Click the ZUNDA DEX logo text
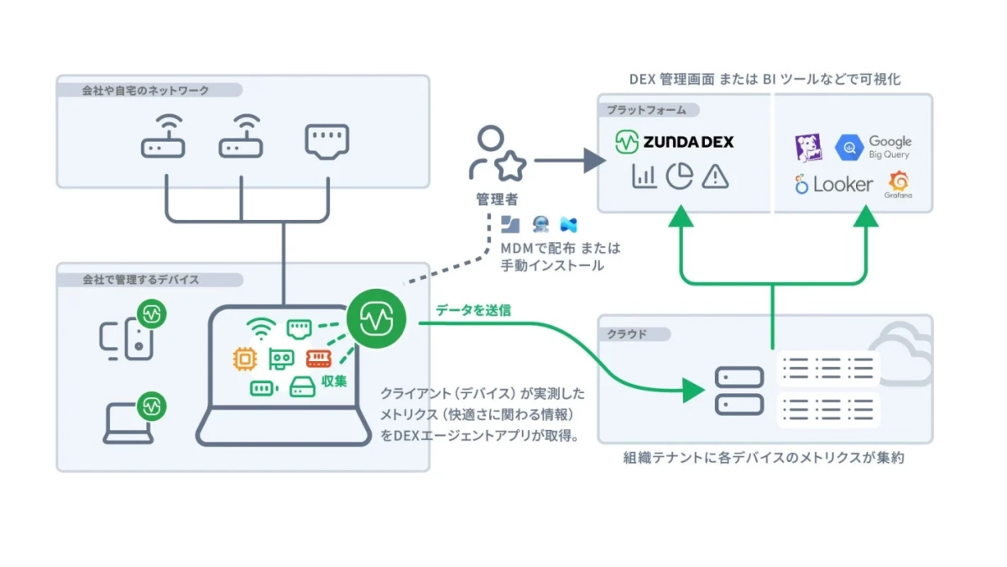coord(687,141)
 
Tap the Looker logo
coord(834,184)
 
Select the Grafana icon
coord(898,184)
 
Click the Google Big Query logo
coord(874,148)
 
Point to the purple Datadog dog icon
coord(809,149)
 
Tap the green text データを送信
coord(473,309)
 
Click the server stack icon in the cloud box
coord(738,391)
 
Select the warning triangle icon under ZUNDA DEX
coord(715,176)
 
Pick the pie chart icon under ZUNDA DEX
coord(679,176)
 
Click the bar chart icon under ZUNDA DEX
coord(644,176)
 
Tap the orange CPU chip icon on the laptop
coord(245,359)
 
